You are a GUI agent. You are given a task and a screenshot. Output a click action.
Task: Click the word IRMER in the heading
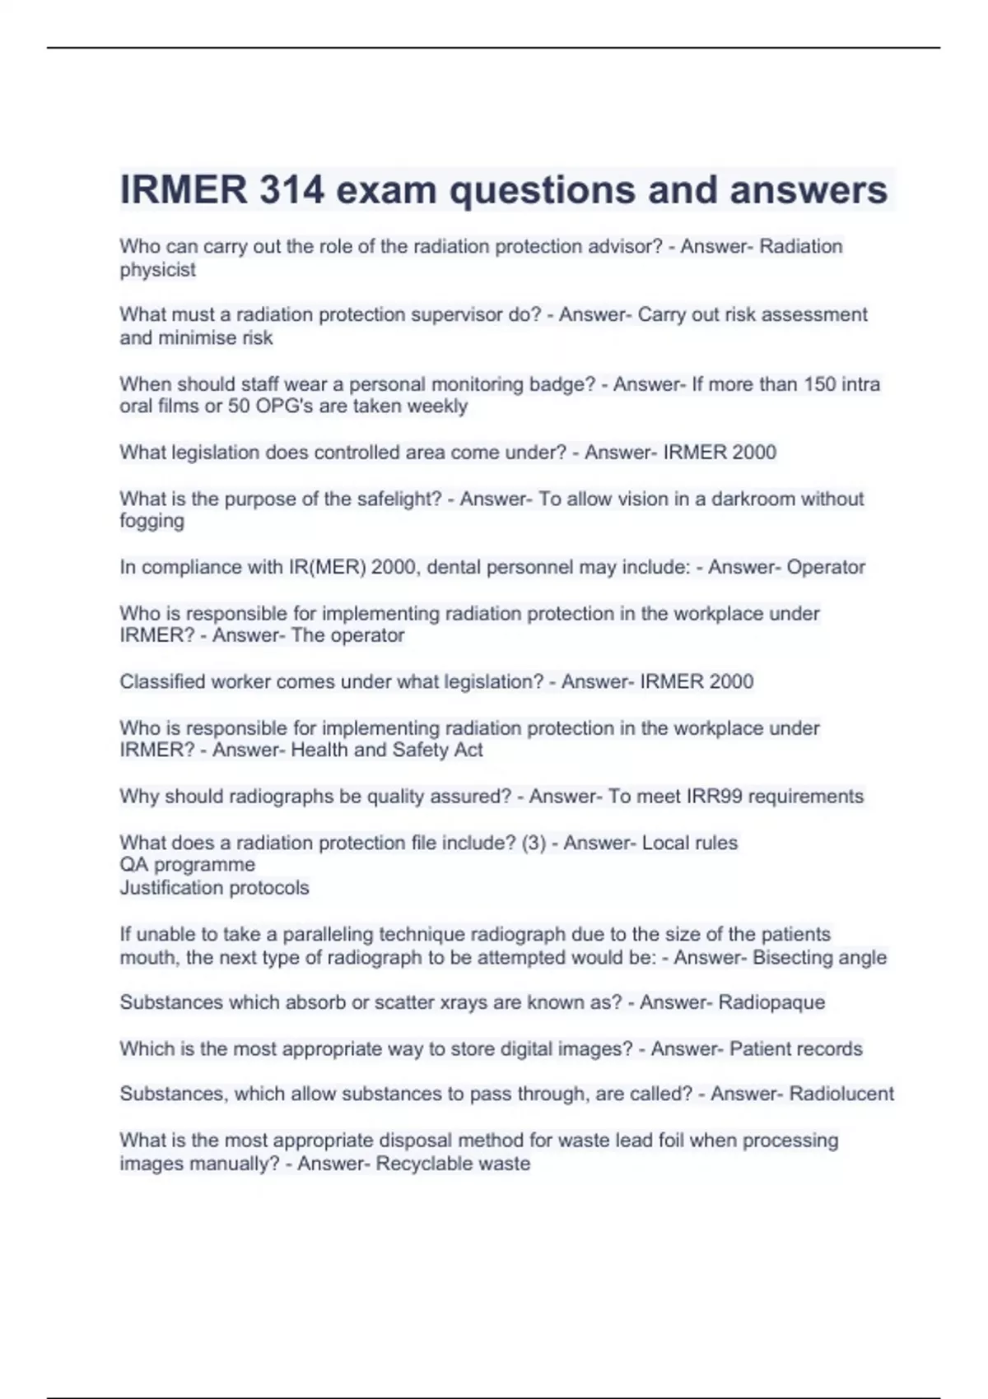click(184, 191)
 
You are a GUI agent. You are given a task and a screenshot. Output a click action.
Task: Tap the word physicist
click(158, 270)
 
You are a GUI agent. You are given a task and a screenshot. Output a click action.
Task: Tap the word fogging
click(152, 522)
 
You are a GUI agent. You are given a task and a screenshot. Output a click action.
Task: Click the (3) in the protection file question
click(534, 843)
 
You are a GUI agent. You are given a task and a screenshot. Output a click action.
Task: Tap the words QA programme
click(188, 865)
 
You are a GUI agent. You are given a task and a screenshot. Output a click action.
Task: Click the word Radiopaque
click(771, 1002)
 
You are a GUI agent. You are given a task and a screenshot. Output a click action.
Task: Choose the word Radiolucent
click(841, 1094)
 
